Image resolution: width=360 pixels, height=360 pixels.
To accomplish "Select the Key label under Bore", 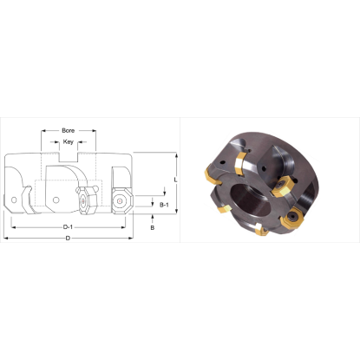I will point(69,141).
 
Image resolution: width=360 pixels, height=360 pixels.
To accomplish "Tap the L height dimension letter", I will point(176,179).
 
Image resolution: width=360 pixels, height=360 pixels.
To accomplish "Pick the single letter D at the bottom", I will point(68,239).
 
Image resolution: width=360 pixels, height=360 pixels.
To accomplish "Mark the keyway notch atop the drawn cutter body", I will point(69,158).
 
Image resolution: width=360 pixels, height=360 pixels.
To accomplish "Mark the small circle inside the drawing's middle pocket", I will point(56,200).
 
